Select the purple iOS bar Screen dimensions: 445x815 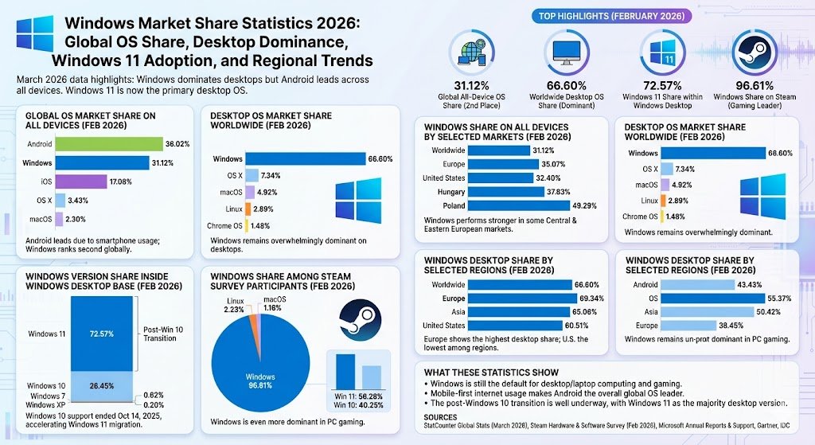pyautogui.click(x=80, y=182)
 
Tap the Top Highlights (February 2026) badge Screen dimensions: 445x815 pyautogui.click(x=610, y=15)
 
